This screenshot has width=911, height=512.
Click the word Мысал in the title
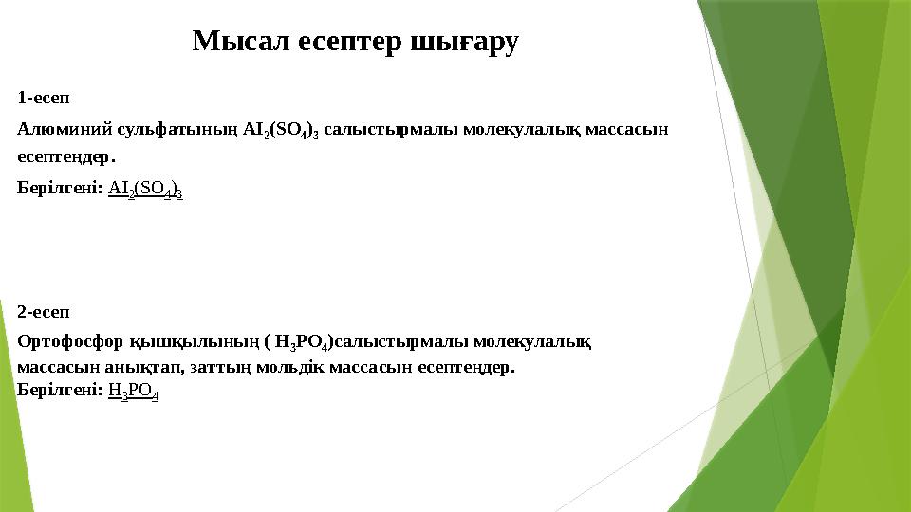click(x=229, y=42)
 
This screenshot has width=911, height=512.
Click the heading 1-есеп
click(x=44, y=98)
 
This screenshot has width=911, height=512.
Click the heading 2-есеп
click(x=44, y=312)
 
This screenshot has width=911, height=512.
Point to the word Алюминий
click(x=55, y=129)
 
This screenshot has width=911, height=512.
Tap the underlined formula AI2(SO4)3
click(x=145, y=190)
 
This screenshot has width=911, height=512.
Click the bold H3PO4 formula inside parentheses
click(x=301, y=342)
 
